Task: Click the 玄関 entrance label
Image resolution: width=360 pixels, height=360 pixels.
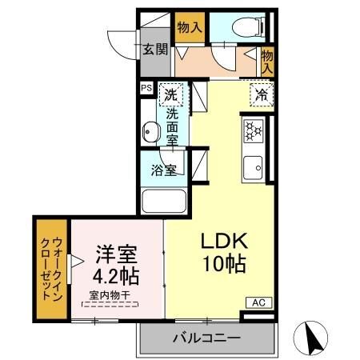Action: pos(156,50)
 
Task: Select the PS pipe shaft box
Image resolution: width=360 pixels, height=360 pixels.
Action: pos(146,89)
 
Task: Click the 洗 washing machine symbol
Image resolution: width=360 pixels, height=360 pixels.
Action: pos(170,94)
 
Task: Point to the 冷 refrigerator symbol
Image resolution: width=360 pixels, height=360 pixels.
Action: pos(262,94)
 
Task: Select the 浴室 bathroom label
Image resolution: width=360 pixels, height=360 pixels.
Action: pos(165,170)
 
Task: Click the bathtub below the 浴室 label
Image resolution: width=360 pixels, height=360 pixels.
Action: pos(163,202)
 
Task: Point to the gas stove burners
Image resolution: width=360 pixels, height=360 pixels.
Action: pos(254,130)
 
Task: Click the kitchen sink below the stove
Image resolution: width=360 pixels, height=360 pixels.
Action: pos(256,169)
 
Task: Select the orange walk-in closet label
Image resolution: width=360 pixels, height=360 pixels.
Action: pos(51,269)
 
